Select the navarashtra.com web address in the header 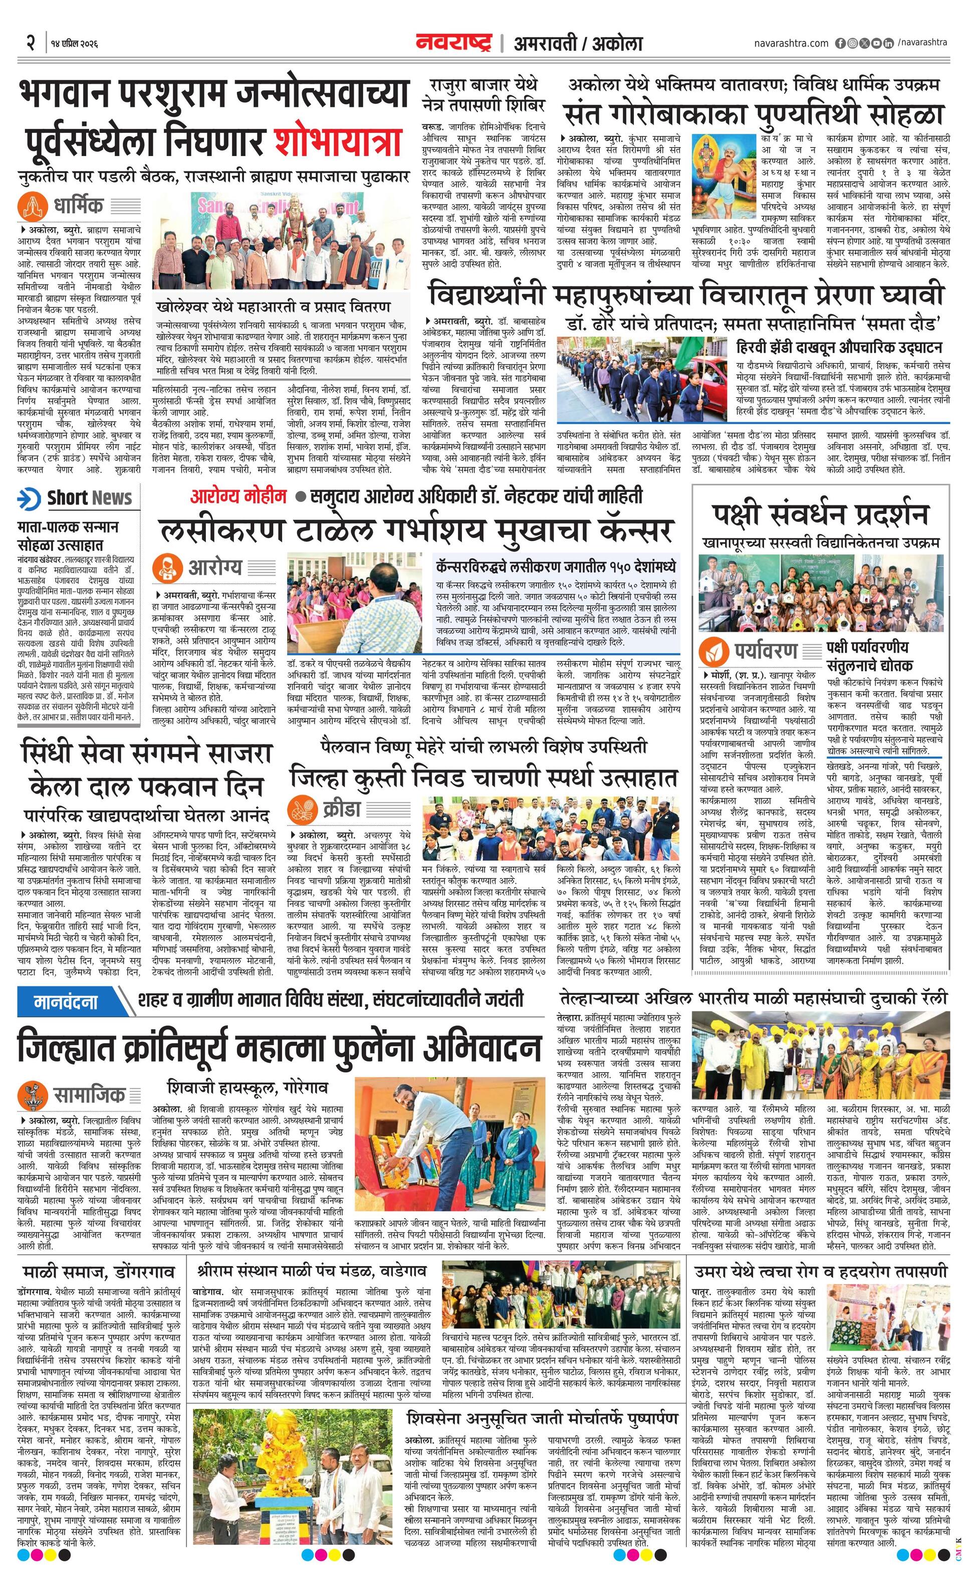click(x=791, y=43)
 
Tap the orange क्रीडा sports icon click(x=303, y=809)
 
